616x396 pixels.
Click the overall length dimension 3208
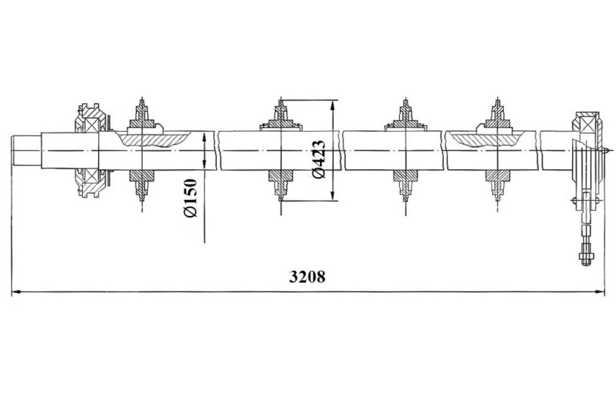307,276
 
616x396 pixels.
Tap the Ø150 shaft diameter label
190,198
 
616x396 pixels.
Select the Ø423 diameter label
318,159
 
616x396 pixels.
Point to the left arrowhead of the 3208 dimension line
16,292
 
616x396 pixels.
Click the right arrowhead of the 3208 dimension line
600,292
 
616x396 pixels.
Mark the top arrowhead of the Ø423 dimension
333,105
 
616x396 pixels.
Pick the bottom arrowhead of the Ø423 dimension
333,196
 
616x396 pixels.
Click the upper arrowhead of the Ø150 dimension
205,138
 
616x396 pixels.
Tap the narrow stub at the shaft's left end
27,150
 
